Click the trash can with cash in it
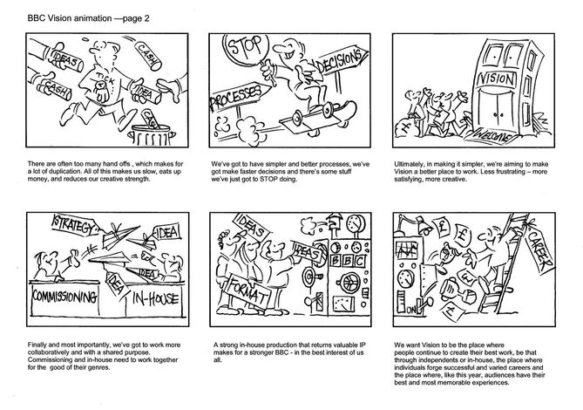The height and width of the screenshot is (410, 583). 151,134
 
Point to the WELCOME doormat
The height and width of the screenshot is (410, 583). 491,135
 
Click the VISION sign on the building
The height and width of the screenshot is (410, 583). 497,79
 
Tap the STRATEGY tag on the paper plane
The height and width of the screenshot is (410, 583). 73,225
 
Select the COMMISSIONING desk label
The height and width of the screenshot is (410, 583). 64,297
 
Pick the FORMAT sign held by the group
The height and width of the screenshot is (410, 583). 248,291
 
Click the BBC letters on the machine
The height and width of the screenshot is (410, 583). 348,261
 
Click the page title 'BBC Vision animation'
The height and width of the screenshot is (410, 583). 70,18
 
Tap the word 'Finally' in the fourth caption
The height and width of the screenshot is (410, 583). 37,345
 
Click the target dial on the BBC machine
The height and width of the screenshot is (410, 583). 308,277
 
